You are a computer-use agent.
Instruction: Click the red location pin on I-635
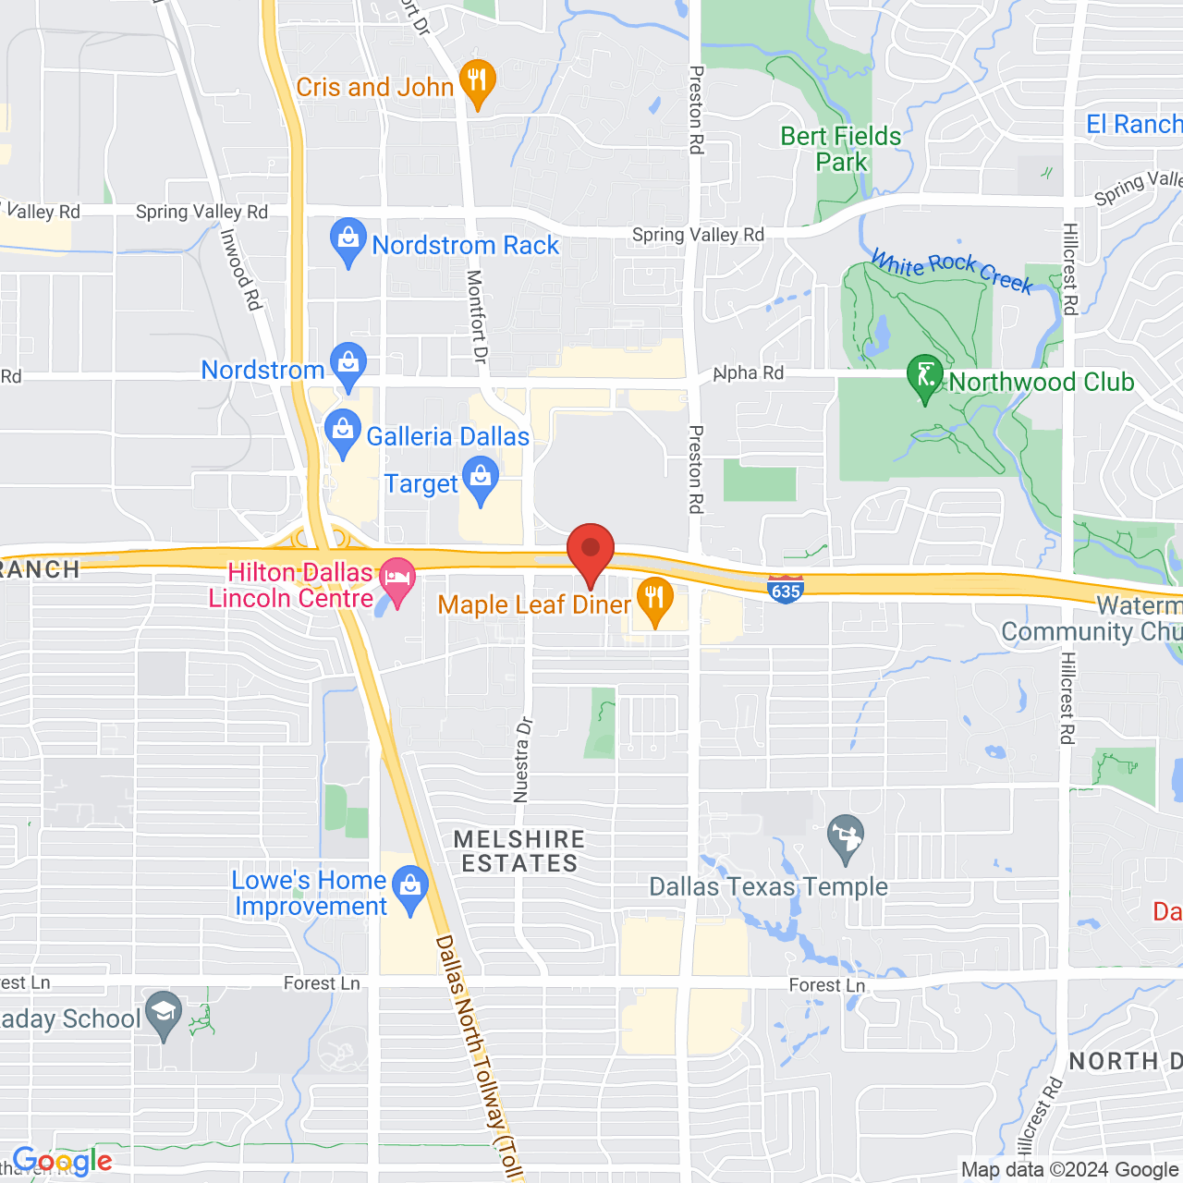[591, 552]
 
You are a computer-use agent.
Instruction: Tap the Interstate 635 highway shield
[785, 589]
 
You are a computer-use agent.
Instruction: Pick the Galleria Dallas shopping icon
[343, 433]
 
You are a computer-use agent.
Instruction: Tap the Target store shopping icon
[481, 481]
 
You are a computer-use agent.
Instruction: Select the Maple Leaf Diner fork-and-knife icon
[654, 600]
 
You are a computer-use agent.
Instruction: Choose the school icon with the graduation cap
[164, 1014]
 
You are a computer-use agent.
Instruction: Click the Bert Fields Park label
[841, 149]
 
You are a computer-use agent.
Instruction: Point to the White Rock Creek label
[952, 270]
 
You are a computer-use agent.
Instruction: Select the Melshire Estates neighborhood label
[519, 851]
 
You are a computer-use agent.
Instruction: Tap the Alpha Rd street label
[750, 373]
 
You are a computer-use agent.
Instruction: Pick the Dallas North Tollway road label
[475, 1054]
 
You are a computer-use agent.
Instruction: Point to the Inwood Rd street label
[241, 269]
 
